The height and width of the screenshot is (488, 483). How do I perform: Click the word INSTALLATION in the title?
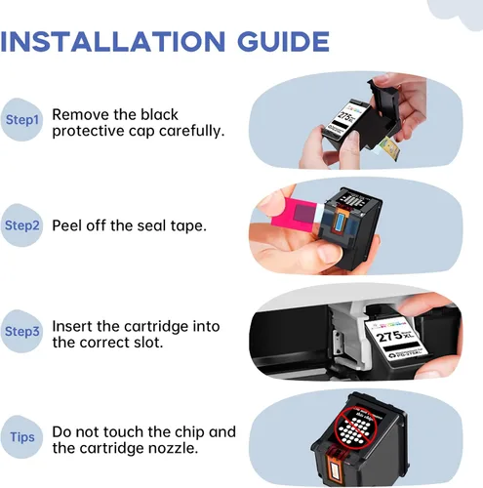[x=113, y=42]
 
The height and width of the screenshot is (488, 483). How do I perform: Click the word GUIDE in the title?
[x=283, y=42]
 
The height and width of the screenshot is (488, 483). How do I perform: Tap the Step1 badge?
[x=21, y=119]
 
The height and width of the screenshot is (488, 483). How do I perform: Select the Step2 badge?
[x=21, y=225]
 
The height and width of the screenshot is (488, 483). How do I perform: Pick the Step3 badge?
[x=21, y=331]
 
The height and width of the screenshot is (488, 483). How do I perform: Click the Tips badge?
[x=21, y=437]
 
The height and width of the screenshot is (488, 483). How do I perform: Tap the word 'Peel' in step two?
[x=66, y=225]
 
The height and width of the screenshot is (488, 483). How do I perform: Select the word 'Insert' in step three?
[x=71, y=326]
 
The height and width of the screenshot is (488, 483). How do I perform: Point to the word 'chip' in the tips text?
[x=189, y=432]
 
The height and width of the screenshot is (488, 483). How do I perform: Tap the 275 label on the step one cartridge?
[x=346, y=117]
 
